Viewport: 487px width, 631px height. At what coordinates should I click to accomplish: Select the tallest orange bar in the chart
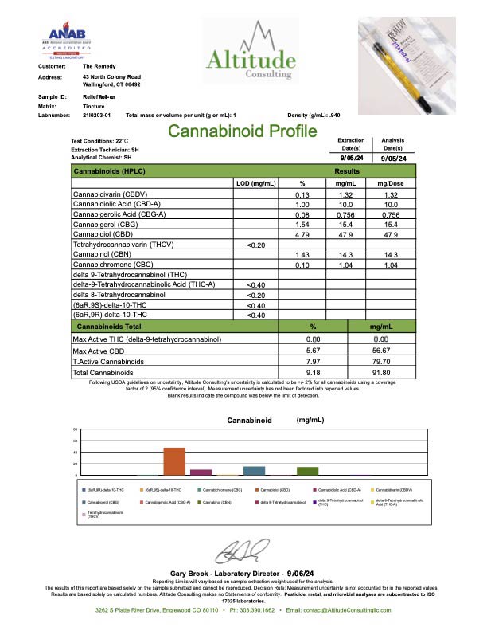174,461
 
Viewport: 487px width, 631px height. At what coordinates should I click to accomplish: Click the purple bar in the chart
201,471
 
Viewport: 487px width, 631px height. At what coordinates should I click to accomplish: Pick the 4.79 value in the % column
302,234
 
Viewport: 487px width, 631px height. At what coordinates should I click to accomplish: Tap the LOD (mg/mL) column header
255,183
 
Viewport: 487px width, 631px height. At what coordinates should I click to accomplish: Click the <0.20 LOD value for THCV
255,245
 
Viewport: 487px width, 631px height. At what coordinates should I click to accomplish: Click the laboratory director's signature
244,552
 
